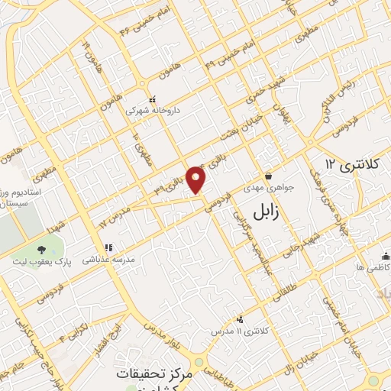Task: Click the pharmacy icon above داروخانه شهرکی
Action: (152, 99)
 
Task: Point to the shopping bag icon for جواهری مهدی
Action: (267, 176)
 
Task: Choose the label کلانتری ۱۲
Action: (351, 163)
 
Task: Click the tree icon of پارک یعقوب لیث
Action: (40, 249)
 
